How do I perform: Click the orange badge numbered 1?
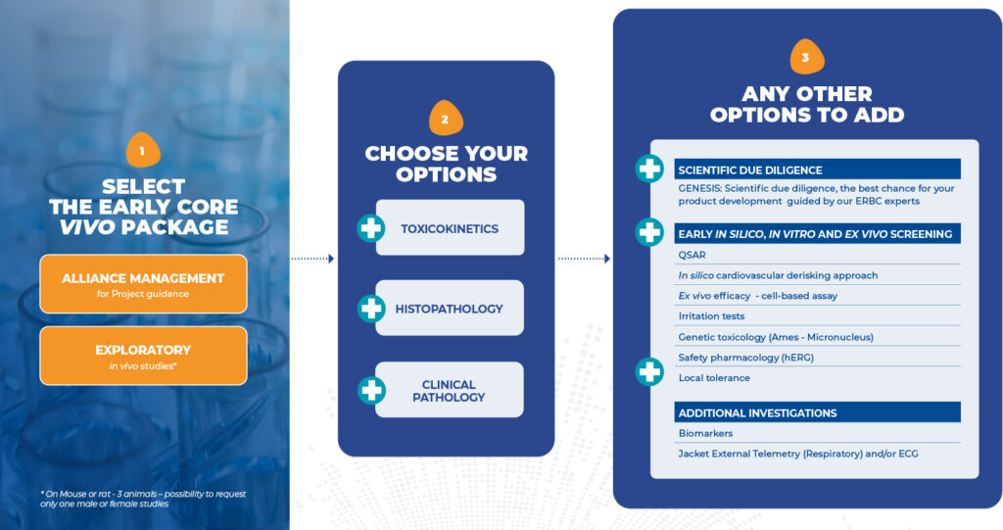(142, 150)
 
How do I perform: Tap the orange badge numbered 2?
(446, 119)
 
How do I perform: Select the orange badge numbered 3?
(806, 57)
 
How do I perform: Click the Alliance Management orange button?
(143, 284)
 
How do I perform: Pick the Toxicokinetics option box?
(450, 228)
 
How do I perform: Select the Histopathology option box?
(450, 309)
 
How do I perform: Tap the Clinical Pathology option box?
(450, 391)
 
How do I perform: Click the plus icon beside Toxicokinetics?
(371, 228)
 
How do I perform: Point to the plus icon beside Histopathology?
(371, 309)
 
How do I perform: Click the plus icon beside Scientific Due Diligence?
(649, 169)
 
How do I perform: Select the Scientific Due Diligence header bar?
(817, 169)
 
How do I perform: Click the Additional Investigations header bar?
(817, 412)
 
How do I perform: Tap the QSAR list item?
(692, 255)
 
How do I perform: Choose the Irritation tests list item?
(711, 316)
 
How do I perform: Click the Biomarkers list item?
(705, 433)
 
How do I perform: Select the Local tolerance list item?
(714, 378)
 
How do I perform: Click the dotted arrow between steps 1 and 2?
(312, 259)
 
